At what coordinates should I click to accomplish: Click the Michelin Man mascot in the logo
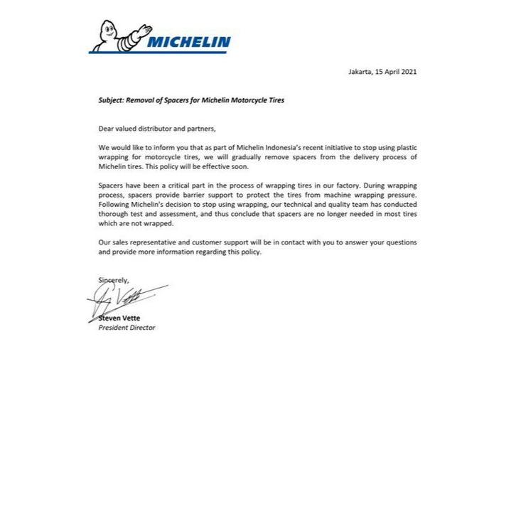click(117, 36)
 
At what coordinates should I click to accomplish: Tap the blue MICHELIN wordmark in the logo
click(188, 43)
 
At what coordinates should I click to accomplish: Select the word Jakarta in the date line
click(360, 72)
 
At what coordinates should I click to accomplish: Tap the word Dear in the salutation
click(105, 128)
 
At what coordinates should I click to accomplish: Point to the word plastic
click(404, 146)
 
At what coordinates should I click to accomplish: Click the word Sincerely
click(114, 280)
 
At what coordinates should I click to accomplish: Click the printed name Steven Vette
click(119, 318)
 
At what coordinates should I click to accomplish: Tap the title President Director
click(127, 328)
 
